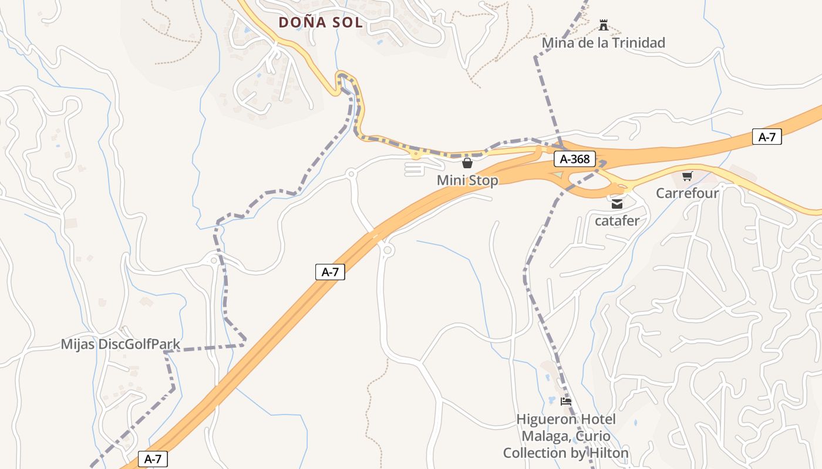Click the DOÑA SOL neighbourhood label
(321, 22)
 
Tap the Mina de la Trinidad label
(603, 43)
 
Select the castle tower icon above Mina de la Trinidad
(603, 25)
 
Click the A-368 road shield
(575, 159)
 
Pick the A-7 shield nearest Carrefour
(767, 137)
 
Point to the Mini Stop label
(467, 180)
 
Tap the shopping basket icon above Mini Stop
(467, 163)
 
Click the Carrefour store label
(687, 193)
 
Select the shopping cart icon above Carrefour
(687, 176)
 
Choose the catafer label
(616, 221)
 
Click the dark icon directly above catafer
(616, 204)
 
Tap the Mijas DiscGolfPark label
(120, 344)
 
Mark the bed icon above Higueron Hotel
(566, 402)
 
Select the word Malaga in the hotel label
(543, 436)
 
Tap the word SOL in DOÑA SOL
(347, 22)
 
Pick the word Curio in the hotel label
(591, 436)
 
